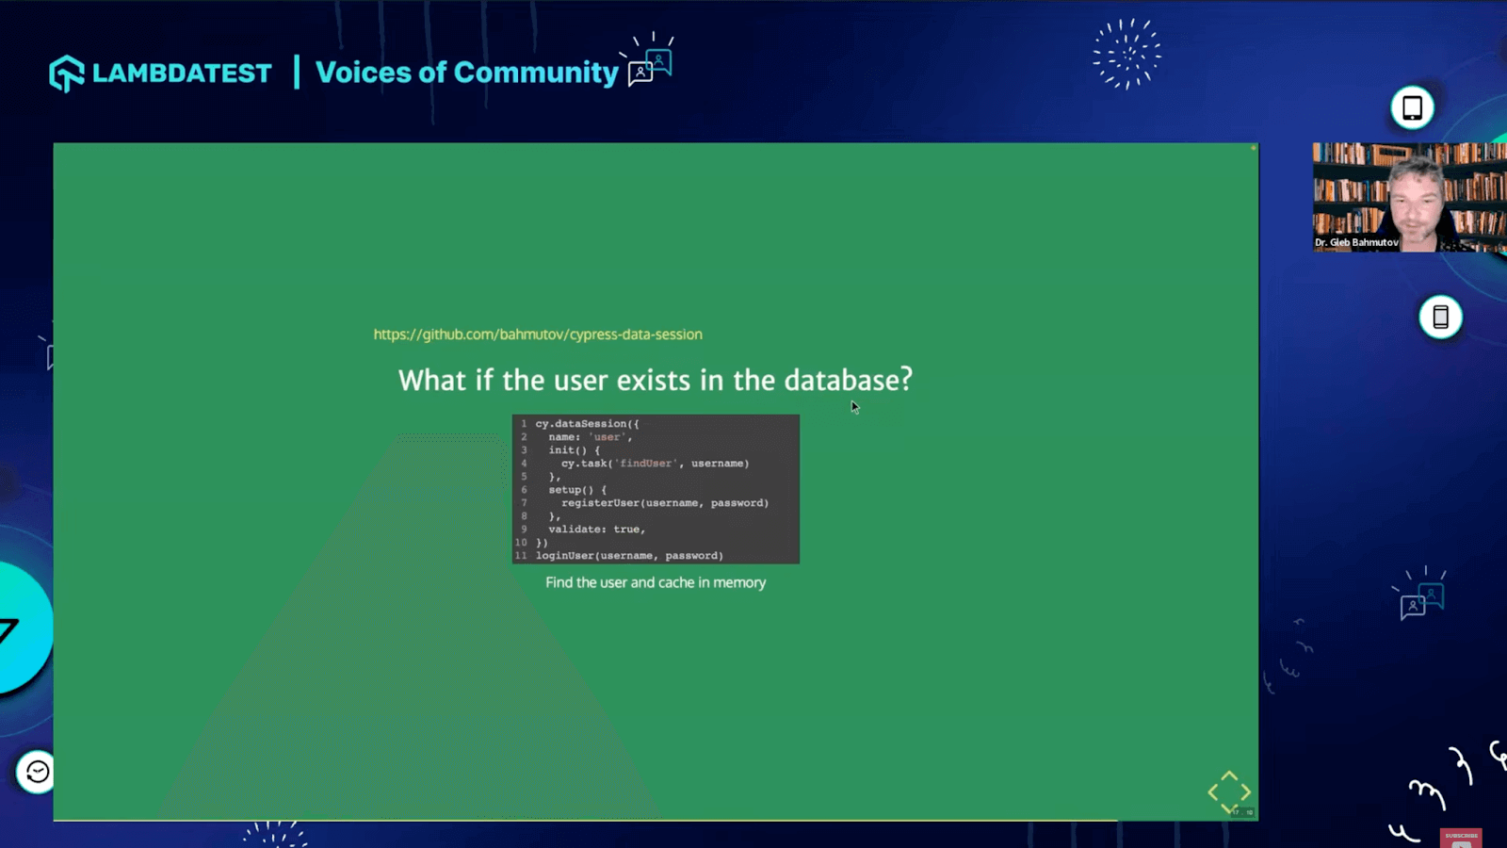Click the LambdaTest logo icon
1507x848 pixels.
66,73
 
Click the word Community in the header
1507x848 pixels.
536,73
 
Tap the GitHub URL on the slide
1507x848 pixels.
537,334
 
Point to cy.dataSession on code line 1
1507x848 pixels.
587,424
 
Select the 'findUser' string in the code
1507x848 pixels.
646,464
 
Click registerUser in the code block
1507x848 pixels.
600,503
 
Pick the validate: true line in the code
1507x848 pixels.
596,530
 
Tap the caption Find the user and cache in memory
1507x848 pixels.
656,582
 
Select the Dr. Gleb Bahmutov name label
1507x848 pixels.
1356,242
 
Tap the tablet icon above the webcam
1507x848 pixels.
1412,107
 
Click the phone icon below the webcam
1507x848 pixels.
1440,317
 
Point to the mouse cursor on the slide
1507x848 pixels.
854,407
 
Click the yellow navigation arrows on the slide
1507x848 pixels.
1229,791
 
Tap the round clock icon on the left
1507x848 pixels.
37,773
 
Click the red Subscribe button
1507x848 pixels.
1461,838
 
